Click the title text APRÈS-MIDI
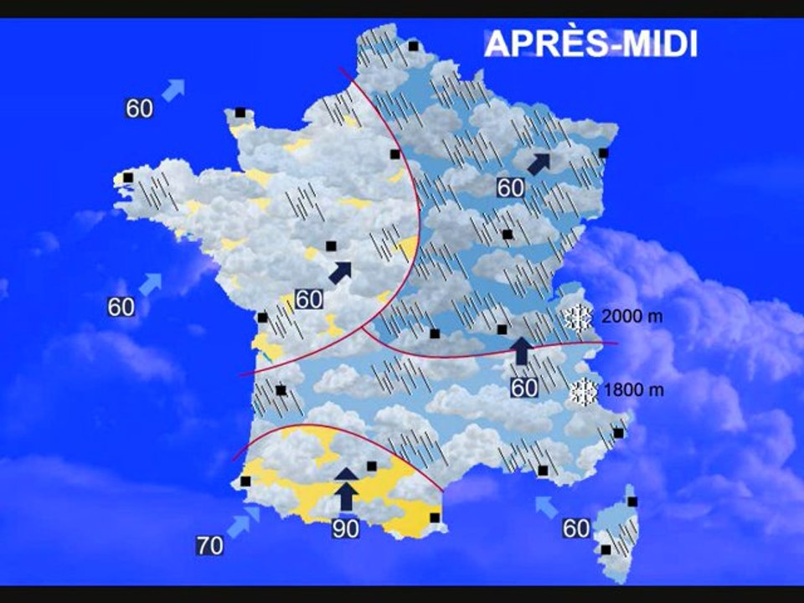click(591, 44)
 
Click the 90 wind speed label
click(345, 529)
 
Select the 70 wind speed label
click(210, 547)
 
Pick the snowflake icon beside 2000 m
click(577, 318)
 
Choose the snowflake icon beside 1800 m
click(583, 391)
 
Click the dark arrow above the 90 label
click(346, 487)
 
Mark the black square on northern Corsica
click(632, 502)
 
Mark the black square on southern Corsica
click(606, 549)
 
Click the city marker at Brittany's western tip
click(128, 178)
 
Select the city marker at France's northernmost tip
click(413, 47)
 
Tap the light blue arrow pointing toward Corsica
click(546, 506)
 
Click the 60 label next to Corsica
click(576, 529)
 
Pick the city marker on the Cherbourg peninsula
click(240, 112)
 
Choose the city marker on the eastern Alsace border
click(603, 153)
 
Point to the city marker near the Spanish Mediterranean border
click(435, 518)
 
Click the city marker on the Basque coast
click(245, 482)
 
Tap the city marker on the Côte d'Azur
click(618, 433)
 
